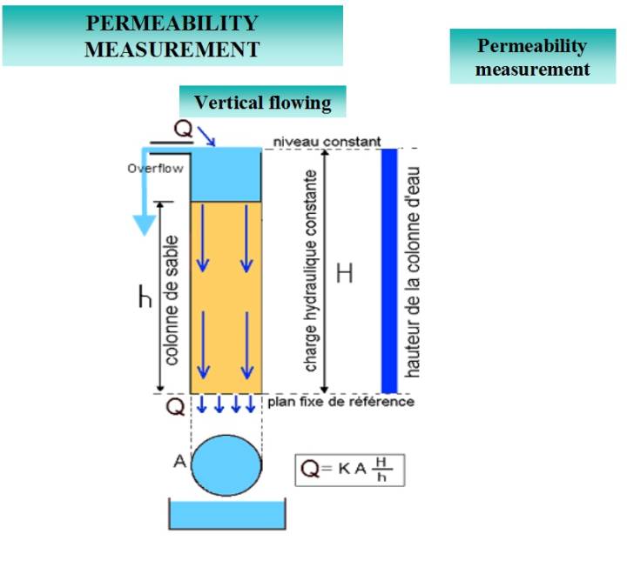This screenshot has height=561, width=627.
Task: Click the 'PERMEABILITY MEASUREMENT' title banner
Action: point(172,36)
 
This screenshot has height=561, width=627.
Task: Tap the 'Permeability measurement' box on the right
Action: point(532,57)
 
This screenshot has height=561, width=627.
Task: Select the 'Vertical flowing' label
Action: point(262,103)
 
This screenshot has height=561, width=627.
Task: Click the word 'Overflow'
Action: point(155,169)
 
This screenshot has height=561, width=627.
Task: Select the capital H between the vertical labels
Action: point(345,274)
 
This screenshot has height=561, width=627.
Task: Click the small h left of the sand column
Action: point(145,298)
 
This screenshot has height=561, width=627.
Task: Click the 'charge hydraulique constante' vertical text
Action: point(311,270)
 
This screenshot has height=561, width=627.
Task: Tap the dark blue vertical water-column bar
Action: point(389,270)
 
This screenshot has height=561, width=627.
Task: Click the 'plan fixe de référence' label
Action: point(342,402)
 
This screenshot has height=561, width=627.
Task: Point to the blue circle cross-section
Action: point(226,463)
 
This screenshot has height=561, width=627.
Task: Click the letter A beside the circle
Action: point(180,462)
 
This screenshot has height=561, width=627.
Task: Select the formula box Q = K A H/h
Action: point(350,470)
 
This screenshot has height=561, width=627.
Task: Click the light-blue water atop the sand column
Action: point(226,174)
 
